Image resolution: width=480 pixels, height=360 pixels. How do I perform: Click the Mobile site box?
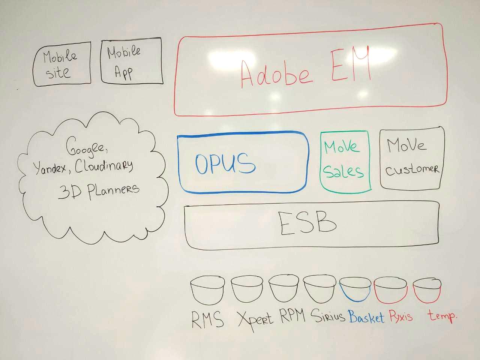click(62, 64)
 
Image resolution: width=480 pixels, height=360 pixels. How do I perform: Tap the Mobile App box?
click(131, 61)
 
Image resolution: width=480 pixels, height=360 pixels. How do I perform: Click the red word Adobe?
click(276, 73)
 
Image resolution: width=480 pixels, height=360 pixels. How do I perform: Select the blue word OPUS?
click(225, 163)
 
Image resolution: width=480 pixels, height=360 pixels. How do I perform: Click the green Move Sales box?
click(345, 160)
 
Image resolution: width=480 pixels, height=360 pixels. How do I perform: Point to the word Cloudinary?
click(104, 165)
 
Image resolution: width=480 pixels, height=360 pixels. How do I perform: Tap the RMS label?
click(207, 319)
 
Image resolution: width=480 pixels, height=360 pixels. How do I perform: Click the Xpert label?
click(255, 319)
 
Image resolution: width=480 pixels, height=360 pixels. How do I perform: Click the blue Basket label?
click(366, 317)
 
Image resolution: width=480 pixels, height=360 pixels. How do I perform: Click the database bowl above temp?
click(427, 290)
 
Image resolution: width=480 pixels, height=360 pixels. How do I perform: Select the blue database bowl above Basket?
click(355, 289)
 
